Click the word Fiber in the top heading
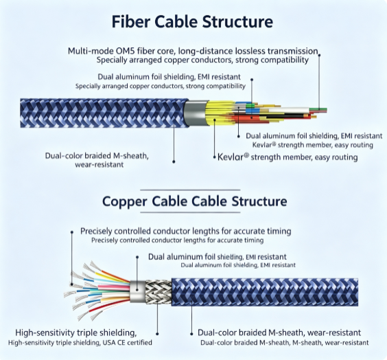click(x=130, y=21)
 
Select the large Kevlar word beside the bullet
click(x=233, y=157)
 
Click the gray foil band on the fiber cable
click(x=196, y=113)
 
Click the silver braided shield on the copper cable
click(x=159, y=292)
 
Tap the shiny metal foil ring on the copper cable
click(x=137, y=291)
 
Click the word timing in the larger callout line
click(x=279, y=232)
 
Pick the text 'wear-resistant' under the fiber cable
click(x=99, y=165)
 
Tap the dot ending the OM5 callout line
click(x=319, y=55)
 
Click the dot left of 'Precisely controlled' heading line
click(x=72, y=232)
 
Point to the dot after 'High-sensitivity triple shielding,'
click(x=157, y=334)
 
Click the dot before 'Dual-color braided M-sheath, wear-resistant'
click(x=191, y=334)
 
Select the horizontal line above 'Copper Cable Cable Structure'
click(x=190, y=190)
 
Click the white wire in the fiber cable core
click(x=288, y=111)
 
